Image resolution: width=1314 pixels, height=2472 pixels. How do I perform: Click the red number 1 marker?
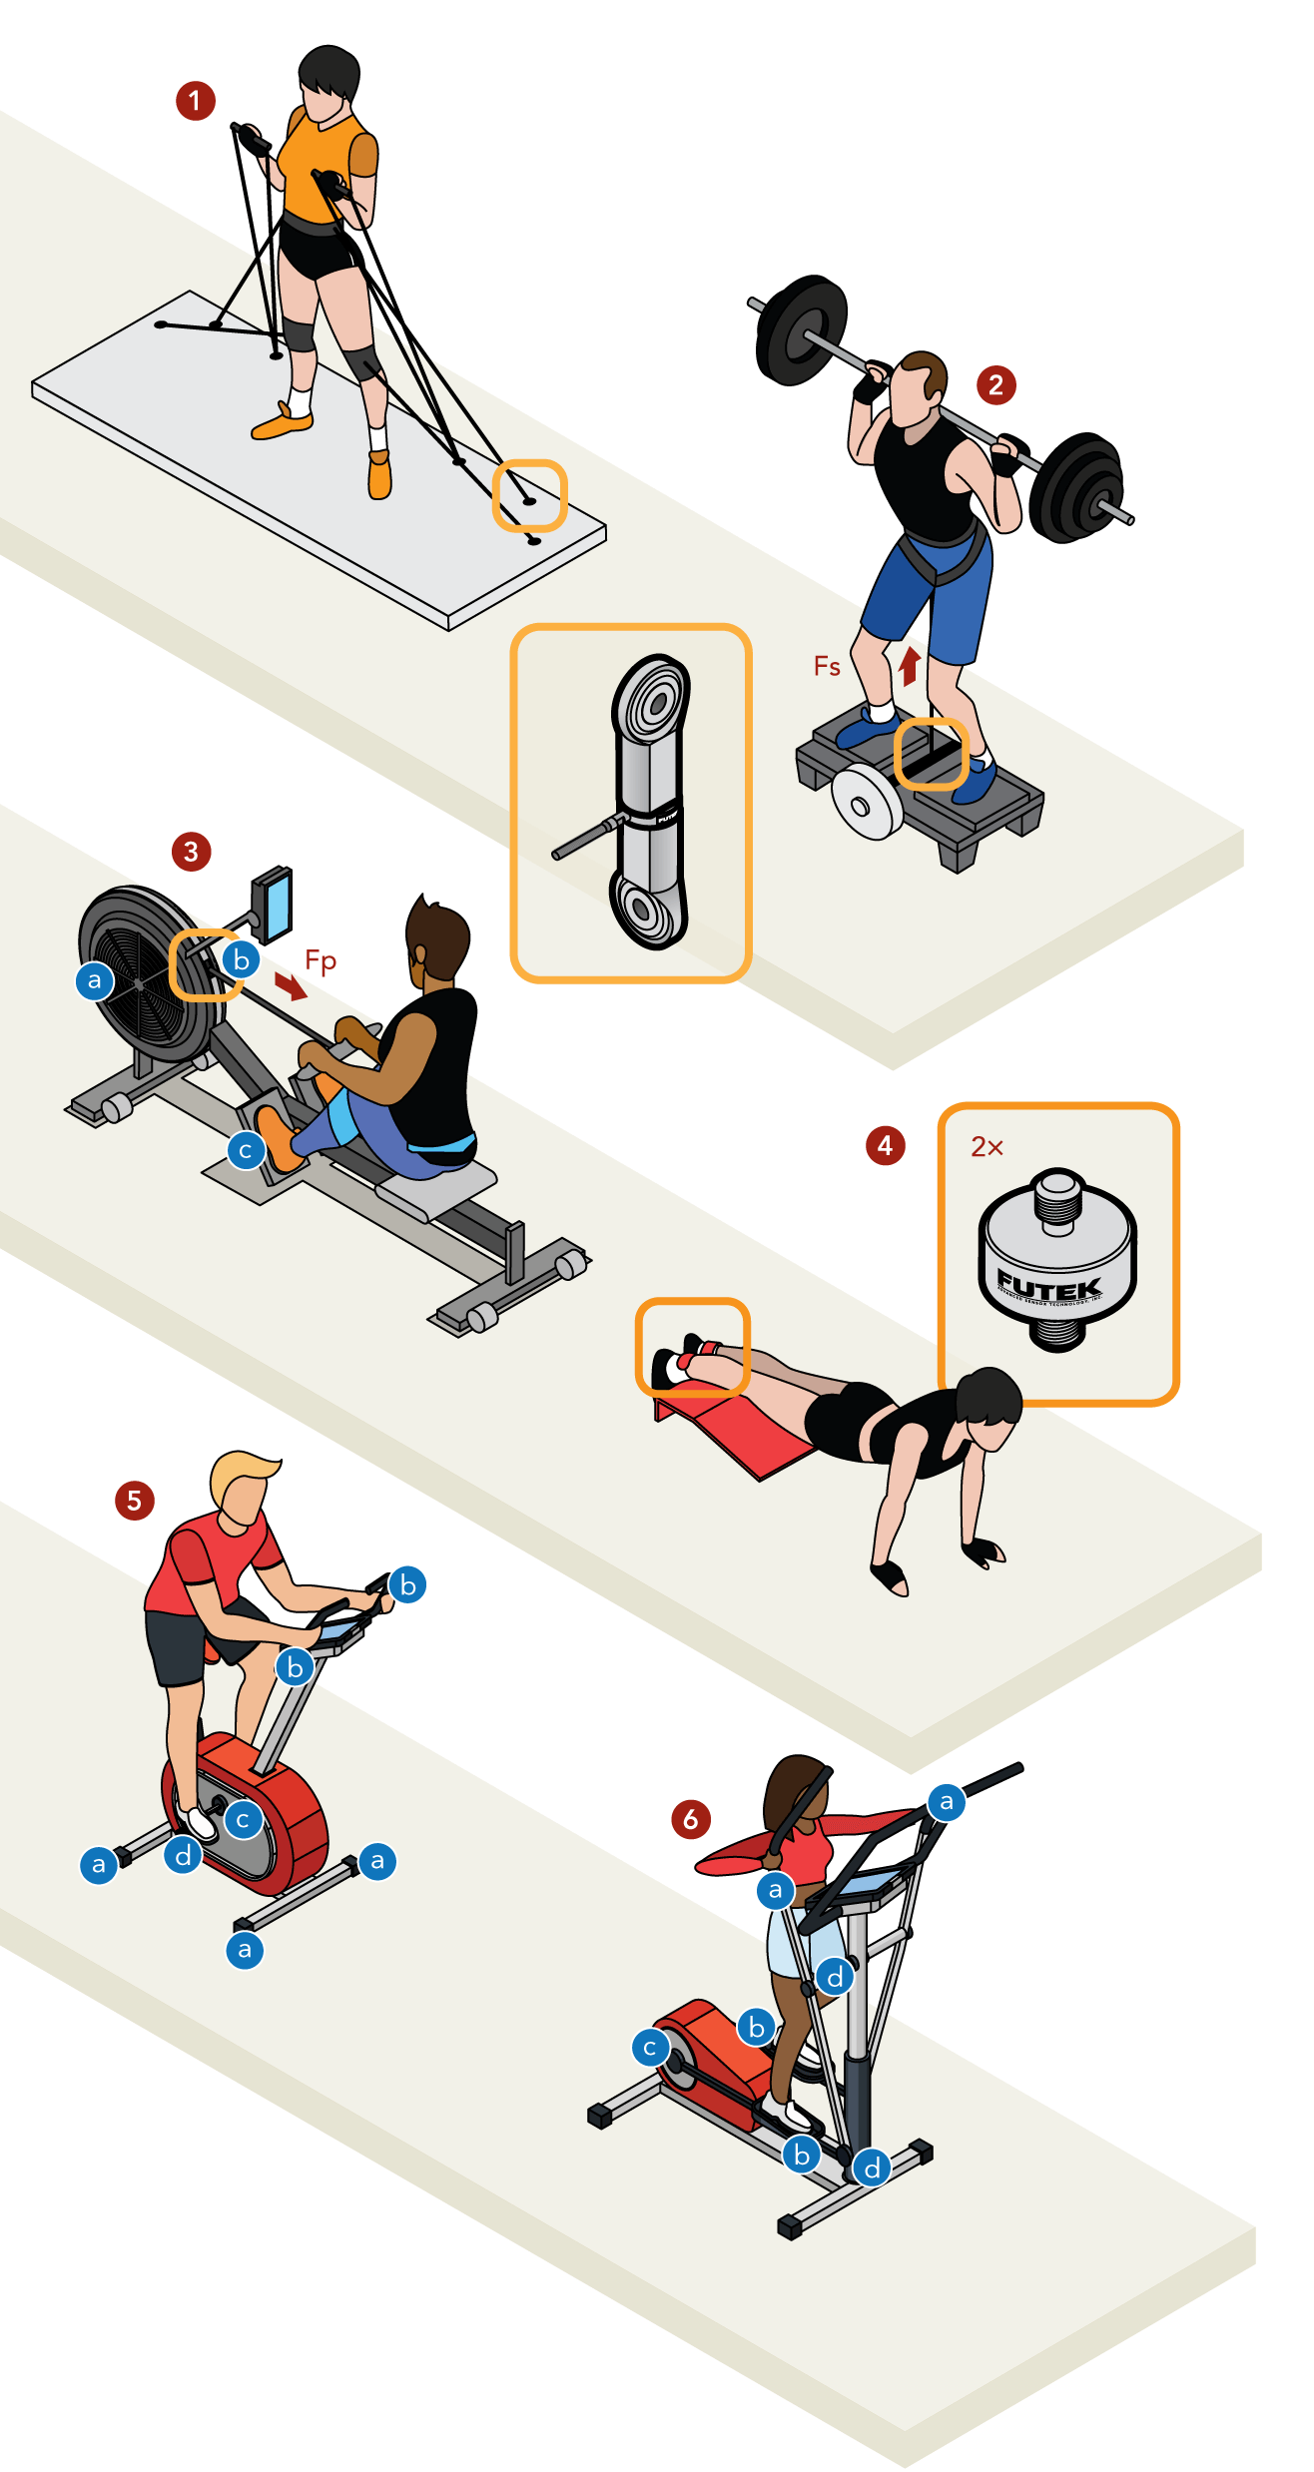coord(196,101)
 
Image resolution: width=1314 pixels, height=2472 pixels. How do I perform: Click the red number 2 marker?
coord(995,385)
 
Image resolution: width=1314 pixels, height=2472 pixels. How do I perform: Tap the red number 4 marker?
coord(885,1145)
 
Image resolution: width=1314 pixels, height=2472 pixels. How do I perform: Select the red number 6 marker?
coord(691,1819)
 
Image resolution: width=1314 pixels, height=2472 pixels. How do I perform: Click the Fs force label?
coord(827,666)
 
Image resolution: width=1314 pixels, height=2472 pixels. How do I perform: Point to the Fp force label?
coord(321,960)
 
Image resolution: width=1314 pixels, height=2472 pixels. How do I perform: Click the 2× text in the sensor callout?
coord(986,1147)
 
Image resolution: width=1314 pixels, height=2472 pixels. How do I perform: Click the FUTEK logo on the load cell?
coord(1048,1286)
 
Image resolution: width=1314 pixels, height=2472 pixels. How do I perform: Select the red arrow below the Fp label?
coord(291,987)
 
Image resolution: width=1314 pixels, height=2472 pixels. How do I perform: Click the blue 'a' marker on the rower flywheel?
coord(95,980)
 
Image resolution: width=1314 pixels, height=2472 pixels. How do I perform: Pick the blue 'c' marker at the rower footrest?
coord(246,1150)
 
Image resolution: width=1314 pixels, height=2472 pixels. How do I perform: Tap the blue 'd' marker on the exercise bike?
coord(184,1855)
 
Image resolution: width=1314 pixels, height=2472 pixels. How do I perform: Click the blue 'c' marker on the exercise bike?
coord(243,1819)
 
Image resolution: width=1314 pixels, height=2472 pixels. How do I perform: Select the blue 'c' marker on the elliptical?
coord(650,2048)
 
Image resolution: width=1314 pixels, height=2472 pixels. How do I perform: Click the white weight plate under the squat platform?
coord(867,804)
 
